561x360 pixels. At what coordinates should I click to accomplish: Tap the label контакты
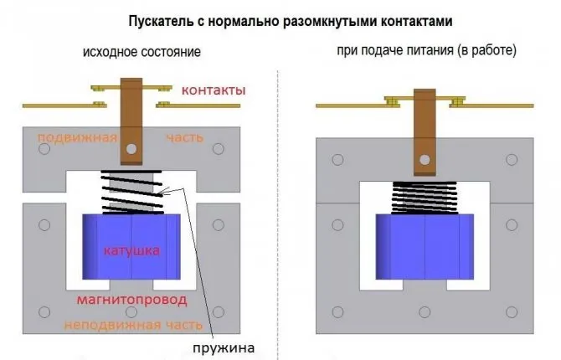point(214,90)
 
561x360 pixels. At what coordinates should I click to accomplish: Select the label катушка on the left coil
point(131,250)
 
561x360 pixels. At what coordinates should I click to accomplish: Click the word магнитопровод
point(132,300)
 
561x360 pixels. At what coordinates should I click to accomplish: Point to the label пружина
point(224,347)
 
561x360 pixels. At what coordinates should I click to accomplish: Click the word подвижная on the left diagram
point(77,138)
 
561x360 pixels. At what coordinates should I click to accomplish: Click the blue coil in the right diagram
point(425,247)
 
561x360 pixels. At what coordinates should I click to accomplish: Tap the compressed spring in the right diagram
point(425,198)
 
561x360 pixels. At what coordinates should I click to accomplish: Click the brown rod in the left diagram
point(131,121)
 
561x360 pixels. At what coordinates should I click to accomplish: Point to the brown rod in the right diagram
point(425,132)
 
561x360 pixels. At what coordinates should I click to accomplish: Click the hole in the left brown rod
point(131,148)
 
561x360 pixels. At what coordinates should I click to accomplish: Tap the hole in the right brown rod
point(425,160)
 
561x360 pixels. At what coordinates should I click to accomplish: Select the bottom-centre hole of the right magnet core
point(425,312)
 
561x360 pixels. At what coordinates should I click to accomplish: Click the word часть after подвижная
point(184,138)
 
